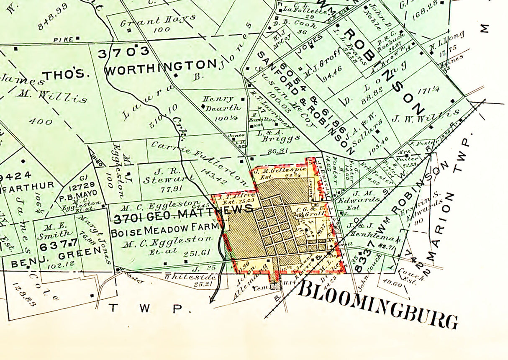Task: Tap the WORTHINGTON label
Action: (161, 67)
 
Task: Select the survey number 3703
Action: (123, 52)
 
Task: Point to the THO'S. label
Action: (66, 75)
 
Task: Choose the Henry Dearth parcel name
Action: (218, 103)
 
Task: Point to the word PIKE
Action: (63, 39)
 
